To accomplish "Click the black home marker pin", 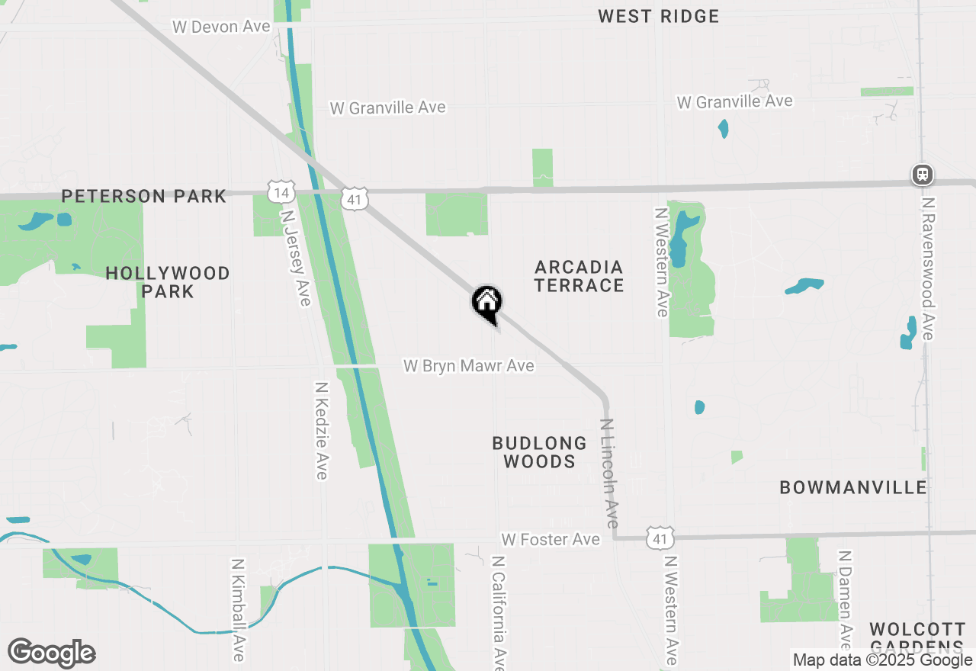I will tap(486, 303).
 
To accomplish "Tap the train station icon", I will tap(923, 175).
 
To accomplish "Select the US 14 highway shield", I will tap(280, 191).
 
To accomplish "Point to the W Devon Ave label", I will tap(221, 27).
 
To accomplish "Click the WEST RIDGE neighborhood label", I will tap(658, 16).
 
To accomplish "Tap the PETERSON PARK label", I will tap(143, 196).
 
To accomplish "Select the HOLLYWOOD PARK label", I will tap(168, 282).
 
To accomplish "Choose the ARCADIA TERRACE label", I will tap(579, 276).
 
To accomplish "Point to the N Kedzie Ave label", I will tap(321, 431).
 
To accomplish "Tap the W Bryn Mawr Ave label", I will tap(468, 366).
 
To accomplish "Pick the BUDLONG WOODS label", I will tap(539, 452).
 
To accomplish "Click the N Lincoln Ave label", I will tap(609, 474).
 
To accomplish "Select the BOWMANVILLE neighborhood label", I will tap(853, 487).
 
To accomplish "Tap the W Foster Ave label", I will tap(551, 540).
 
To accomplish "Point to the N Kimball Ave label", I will tap(239, 610).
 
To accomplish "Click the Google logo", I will tap(51, 653).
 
